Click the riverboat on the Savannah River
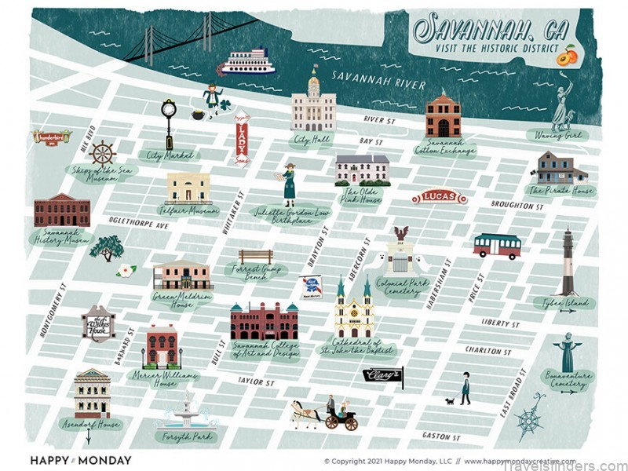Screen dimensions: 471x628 (x=246, y=62)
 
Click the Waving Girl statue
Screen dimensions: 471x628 (x=562, y=107)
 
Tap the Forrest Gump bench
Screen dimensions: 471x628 (x=256, y=257)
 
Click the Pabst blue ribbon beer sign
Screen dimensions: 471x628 (x=312, y=288)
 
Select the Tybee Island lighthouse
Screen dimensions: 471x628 (x=567, y=262)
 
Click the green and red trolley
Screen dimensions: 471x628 (x=497, y=246)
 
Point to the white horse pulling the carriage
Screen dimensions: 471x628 (x=305, y=412)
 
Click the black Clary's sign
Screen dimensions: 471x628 (x=382, y=376)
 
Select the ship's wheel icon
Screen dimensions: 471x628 (x=102, y=153)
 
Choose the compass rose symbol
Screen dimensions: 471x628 (x=531, y=415)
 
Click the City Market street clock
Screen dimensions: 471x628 (x=168, y=121)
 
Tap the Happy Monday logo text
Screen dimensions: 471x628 (x=81, y=460)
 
